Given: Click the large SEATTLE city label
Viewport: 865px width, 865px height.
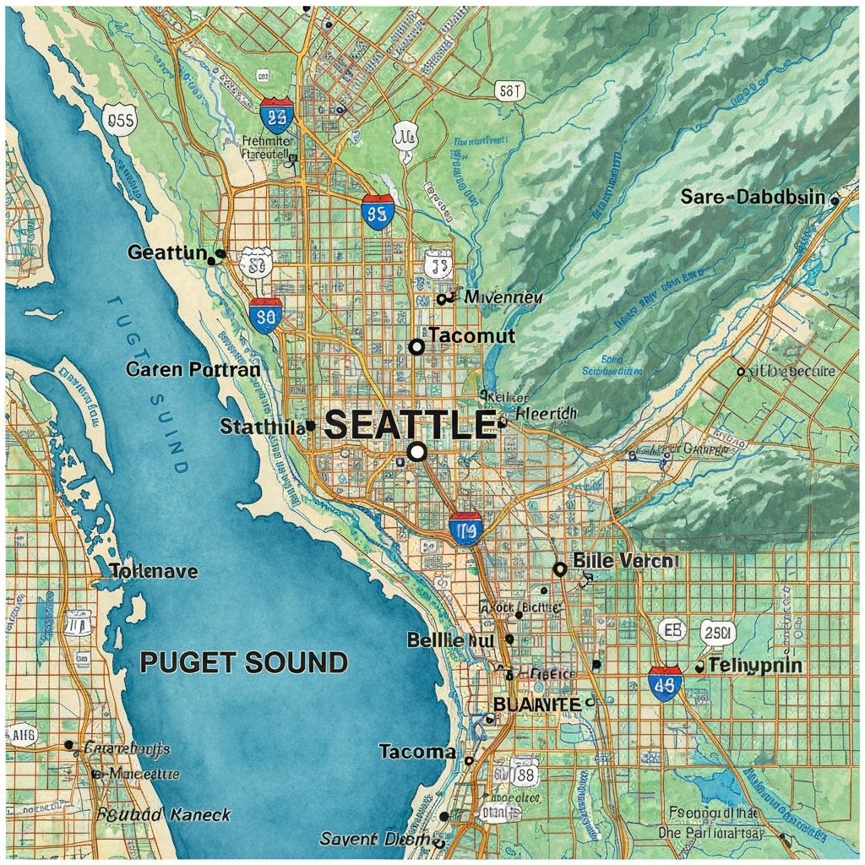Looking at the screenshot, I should point(410,424).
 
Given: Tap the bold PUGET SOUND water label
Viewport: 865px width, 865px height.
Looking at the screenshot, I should point(243,662).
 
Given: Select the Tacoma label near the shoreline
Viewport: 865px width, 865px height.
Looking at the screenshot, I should point(417,751).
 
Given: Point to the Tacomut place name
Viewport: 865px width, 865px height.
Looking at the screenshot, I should point(471,335).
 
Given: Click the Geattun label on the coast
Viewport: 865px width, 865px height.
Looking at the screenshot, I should point(167,252).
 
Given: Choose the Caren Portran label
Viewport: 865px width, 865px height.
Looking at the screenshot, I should point(193,369).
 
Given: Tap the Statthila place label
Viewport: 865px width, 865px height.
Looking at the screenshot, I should point(261,427).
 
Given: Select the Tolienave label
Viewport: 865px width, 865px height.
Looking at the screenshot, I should point(154,571).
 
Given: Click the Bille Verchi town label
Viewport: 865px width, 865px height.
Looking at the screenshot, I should point(625,560).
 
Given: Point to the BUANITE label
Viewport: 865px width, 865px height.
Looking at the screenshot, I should point(536,704).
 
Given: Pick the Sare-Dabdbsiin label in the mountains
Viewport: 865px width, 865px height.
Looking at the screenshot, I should point(753,197).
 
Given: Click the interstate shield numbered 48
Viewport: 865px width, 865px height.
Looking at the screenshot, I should point(666,683).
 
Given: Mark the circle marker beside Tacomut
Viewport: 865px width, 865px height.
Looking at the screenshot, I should point(416,346).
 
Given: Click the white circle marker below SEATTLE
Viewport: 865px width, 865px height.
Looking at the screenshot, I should point(416,452).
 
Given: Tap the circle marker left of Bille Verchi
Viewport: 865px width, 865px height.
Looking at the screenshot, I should point(559,569).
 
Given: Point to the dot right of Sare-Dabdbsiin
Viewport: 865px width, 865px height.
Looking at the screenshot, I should point(835,200).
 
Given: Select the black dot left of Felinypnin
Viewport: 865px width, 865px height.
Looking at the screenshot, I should point(699,667).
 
